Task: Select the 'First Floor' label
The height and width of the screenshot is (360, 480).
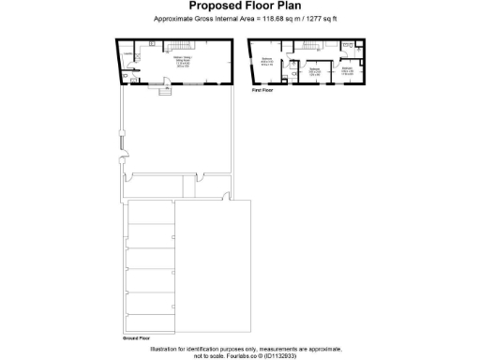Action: [262, 91]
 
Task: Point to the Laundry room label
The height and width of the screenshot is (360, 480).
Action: [127, 54]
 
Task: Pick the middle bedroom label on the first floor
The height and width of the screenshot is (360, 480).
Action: [315, 71]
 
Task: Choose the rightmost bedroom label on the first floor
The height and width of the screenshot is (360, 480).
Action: [347, 70]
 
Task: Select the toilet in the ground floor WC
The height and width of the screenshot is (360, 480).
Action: [134, 80]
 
